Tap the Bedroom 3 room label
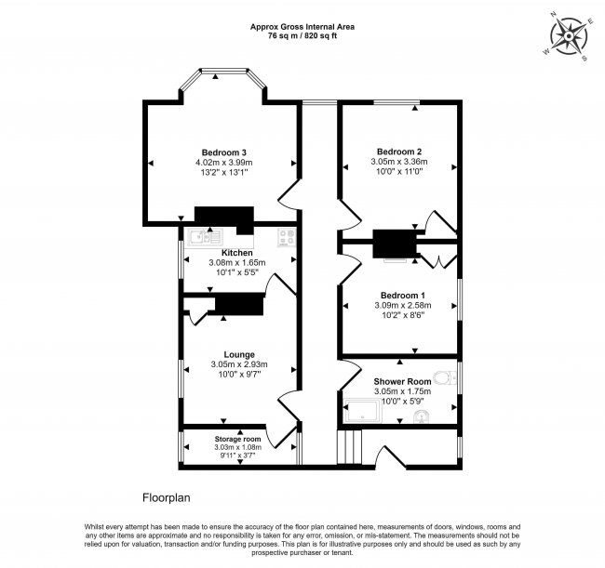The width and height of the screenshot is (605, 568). point(224,152)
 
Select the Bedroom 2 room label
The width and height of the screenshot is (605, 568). point(399,152)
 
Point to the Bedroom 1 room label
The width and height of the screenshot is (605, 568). point(399,295)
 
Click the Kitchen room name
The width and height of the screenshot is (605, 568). point(236,253)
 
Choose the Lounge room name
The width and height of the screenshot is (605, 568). point(238,354)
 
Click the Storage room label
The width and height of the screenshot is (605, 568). point(238,439)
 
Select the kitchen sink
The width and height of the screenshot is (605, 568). point(201,238)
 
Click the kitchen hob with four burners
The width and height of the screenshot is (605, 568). point(284,237)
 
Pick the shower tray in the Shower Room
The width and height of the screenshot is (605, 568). point(362,408)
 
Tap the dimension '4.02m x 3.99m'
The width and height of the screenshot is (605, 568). point(224,164)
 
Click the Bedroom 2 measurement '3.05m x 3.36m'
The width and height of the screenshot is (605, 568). point(399,162)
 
